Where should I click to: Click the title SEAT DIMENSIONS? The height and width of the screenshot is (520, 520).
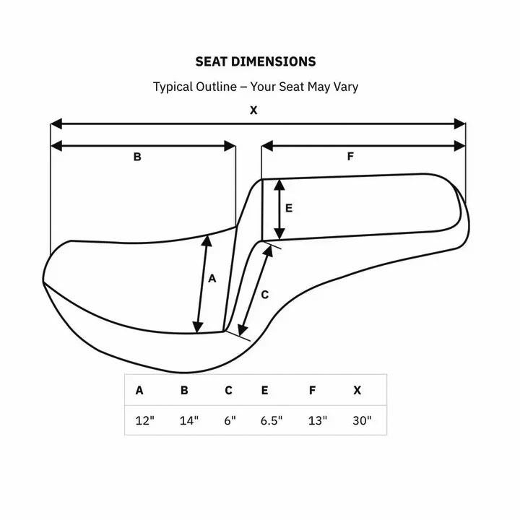click(255, 61)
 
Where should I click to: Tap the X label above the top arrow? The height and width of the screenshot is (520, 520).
click(253, 110)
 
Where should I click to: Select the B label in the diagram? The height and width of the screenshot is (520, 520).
click(137, 157)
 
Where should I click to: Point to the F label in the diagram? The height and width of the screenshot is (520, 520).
click(350, 156)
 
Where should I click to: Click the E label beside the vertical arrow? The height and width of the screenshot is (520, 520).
click(288, 208)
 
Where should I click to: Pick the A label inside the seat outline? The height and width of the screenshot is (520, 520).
click(212, 278)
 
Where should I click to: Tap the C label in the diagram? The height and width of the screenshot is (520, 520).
click(264, 295)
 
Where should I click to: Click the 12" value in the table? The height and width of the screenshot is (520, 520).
click(145, 420)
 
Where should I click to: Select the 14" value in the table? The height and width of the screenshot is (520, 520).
click(189, 420)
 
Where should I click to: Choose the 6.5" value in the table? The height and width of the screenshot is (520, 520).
click(272, 420)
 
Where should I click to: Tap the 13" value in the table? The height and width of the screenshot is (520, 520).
click(317, 420)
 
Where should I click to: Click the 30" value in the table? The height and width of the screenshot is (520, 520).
click(362, 420)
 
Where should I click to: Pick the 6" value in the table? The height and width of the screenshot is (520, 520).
click(230, 420)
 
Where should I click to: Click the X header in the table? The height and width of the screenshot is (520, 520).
click(357, 391)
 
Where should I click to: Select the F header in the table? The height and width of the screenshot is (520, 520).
click(312, 391)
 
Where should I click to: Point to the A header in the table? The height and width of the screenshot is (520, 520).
click(139, 391)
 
